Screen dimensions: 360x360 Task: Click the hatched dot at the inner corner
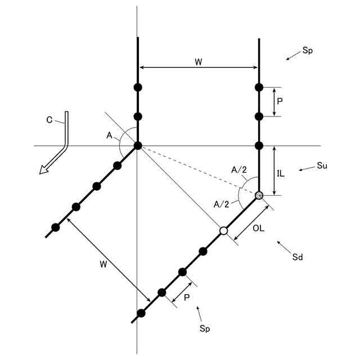point(259,195)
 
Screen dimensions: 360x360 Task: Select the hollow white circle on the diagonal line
point(223,231)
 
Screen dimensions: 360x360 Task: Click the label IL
point(281,173)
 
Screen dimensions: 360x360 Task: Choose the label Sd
point(298,257)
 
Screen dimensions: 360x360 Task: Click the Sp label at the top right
point(307,50)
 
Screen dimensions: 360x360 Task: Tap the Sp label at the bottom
point(204,327)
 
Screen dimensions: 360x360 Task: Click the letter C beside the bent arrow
point(49,119)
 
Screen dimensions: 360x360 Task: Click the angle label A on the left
point(109,135)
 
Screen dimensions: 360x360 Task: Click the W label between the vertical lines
point(198,61)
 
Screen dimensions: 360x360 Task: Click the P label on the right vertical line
point(280,102)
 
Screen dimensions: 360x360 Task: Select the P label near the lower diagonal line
point(186,298)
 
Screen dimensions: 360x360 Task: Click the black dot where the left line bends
point(138,146)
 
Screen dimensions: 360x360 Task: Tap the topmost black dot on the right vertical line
point(259,87)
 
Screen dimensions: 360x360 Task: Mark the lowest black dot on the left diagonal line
point(55,227)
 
